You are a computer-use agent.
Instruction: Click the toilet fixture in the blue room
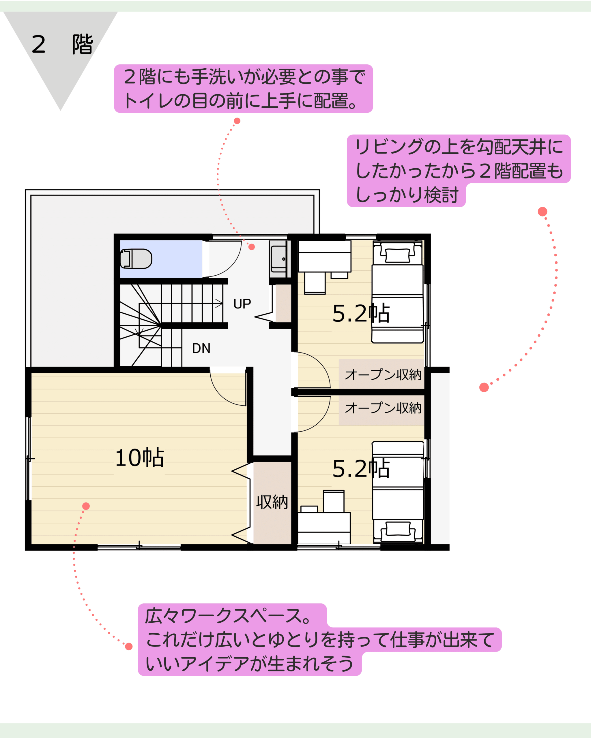tap(136, 259)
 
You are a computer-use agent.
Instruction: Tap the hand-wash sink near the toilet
tap(278, 259)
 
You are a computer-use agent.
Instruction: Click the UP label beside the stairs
tap(242, 304)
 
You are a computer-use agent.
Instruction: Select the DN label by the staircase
tap(201, 348)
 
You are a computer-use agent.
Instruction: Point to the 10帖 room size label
tap(139, 458)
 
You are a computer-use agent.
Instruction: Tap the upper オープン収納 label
tap(383, 374)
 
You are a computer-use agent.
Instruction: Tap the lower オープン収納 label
tap(383, 408)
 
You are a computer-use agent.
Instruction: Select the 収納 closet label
tap(272, 502)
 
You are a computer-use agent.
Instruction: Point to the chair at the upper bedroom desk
tap(315, 283)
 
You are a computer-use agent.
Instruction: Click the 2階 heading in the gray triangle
tap(62, 44)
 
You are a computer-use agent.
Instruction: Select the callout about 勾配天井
tap(459, 170)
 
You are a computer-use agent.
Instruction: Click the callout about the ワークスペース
tap(319, 639)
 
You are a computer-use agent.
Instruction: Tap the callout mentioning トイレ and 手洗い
tap(243, 88)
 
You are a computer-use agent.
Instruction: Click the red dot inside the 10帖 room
tap(86, 506)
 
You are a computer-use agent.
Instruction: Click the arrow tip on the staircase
tap(223, 303)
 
